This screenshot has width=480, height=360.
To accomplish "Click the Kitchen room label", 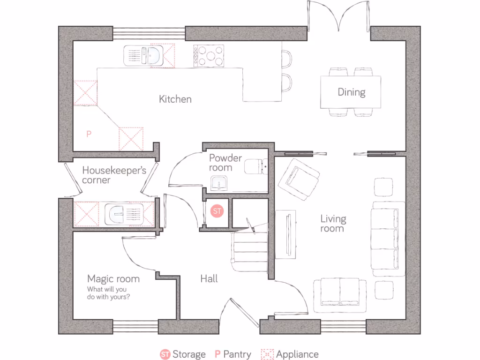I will pyautogui.click(x=175, y=99).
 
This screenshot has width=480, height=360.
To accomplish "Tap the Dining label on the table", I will pyautogui.click(x=351, y=92).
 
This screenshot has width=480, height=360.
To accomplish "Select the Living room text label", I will pyautogui.click(x=333, y=223).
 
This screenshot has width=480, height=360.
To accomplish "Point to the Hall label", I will pyautogui.click(x=209, y=279).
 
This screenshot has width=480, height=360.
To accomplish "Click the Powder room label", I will pyautogui.click(x=225, y=162).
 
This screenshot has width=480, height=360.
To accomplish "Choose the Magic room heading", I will pyautogui.click(x=113, y=279).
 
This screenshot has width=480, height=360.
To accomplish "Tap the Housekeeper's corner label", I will pyautogui.click(x=114, y=175).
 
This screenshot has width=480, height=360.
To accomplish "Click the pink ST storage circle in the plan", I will pyautogui.click(x=217, y=211).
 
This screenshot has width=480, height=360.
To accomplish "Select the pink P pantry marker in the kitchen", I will pyautogui.click(x=89, y=134).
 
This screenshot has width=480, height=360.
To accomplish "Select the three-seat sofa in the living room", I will pyautogui.click(x=388, y=238).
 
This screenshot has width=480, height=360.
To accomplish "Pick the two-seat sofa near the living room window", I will pyautogui.click(x=339, y=294).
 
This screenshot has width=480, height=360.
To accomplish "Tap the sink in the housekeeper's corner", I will pyautogui.click(x=124, y=214).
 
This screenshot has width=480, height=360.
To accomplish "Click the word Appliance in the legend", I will pyautogui.click(x=297, y=354).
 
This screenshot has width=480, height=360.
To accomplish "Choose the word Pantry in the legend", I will pyautogui.click(x=237, y=354).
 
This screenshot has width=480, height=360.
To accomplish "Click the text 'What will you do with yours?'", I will pyautogui.click(x=108, y=293).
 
